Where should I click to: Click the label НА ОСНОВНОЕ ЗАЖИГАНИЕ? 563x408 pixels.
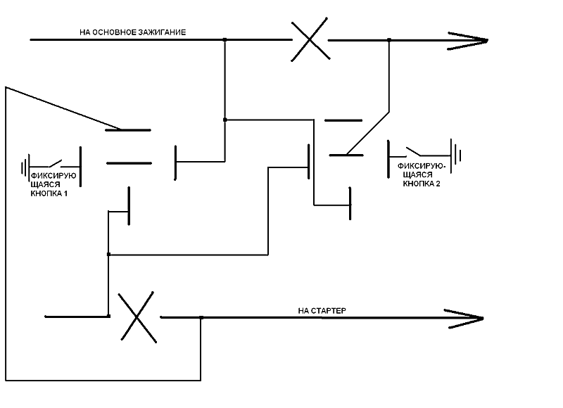point(133,32)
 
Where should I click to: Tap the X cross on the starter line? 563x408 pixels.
point(135,317)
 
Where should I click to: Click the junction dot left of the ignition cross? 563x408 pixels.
point(224,40)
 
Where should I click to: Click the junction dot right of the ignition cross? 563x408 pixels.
point(389,40)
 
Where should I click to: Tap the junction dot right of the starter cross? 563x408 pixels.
point(201,318)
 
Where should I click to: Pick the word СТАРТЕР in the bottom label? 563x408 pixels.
point(332,310)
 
